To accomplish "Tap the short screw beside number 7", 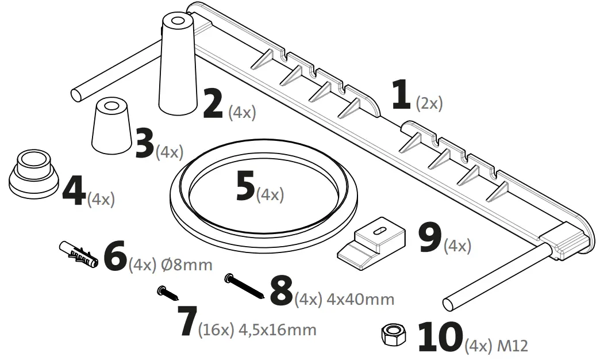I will pos(168,294).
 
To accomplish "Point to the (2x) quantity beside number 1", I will pos(429,104).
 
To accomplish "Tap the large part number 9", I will pos(429,238).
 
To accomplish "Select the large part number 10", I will pos(439,337).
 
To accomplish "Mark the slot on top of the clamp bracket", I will pos(379,230).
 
